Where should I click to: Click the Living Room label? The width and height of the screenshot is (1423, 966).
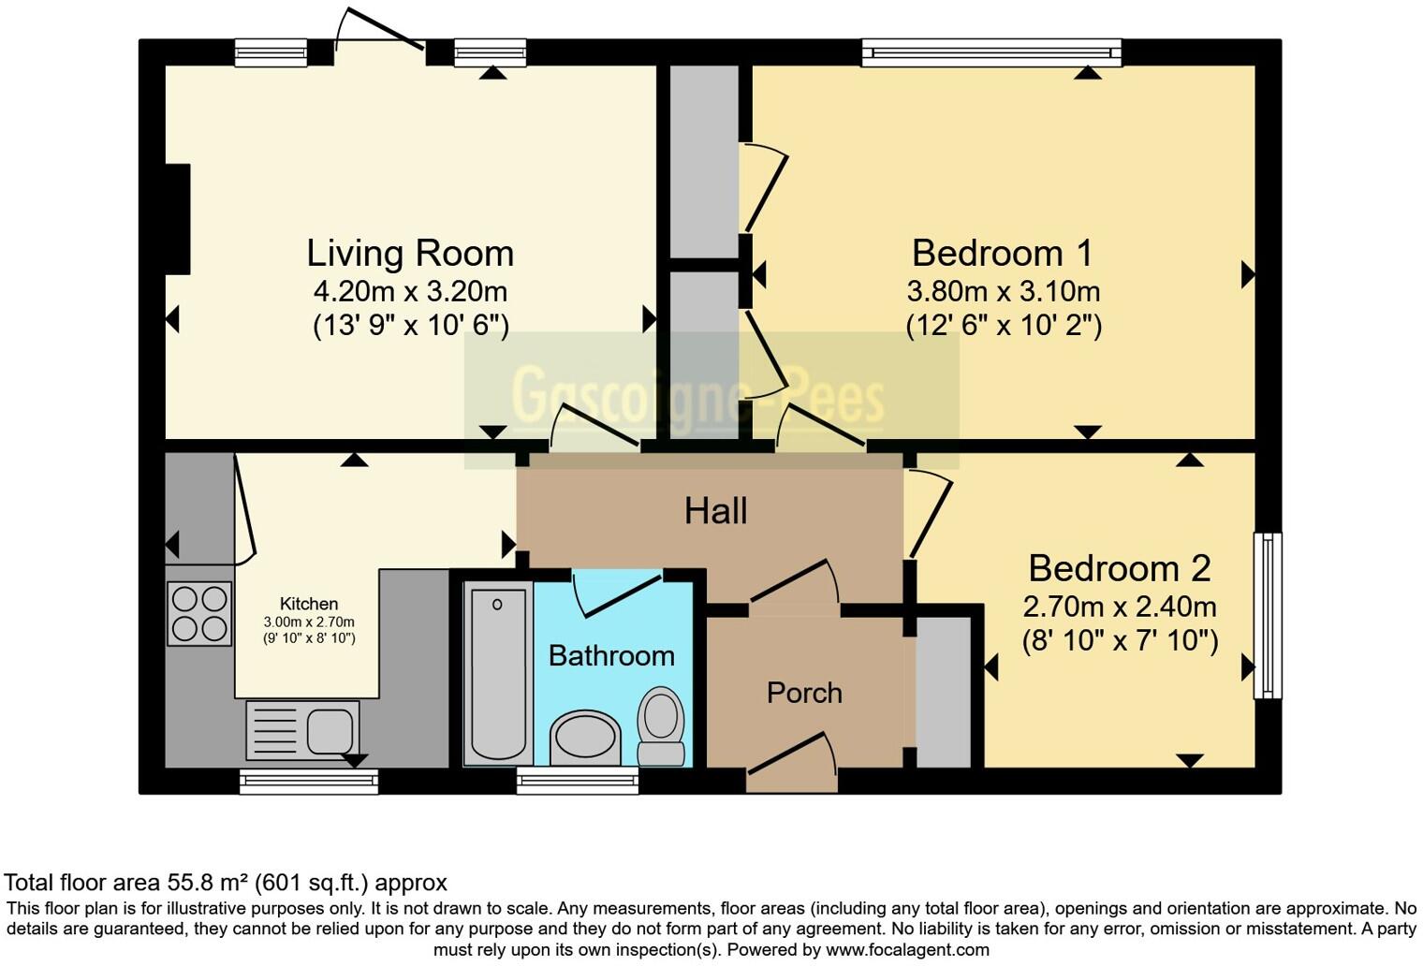pos(410,254)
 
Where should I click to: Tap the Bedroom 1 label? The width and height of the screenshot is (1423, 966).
pos(1003,254)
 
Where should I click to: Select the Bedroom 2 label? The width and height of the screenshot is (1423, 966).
pos(1120,568)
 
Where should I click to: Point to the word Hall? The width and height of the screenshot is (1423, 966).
pos(715,511)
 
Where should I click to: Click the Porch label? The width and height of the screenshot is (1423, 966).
pos(804,693)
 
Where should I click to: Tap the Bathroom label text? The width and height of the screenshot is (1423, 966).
pos(611,655)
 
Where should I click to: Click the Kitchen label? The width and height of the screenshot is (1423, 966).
pos(309,604)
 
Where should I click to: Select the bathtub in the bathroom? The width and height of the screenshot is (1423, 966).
pos(498,673)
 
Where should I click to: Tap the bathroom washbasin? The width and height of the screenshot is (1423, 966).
pos(584,738)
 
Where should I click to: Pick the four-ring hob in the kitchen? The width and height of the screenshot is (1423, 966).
pos(199,613)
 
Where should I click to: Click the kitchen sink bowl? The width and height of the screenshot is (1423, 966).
pos(330,731)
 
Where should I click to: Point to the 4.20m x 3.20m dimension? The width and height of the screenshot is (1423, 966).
pos(410,291)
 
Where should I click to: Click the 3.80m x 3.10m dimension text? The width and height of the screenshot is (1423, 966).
pos(1003,291)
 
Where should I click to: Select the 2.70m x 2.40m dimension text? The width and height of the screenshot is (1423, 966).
pos(1120,607)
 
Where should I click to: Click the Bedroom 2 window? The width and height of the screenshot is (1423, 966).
pos(1268,615)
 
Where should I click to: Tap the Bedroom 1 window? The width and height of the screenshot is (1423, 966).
pos(991,52)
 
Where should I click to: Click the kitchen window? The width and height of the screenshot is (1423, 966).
pos(309,782)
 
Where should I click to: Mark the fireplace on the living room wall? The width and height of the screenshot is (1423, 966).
pos(178,219)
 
